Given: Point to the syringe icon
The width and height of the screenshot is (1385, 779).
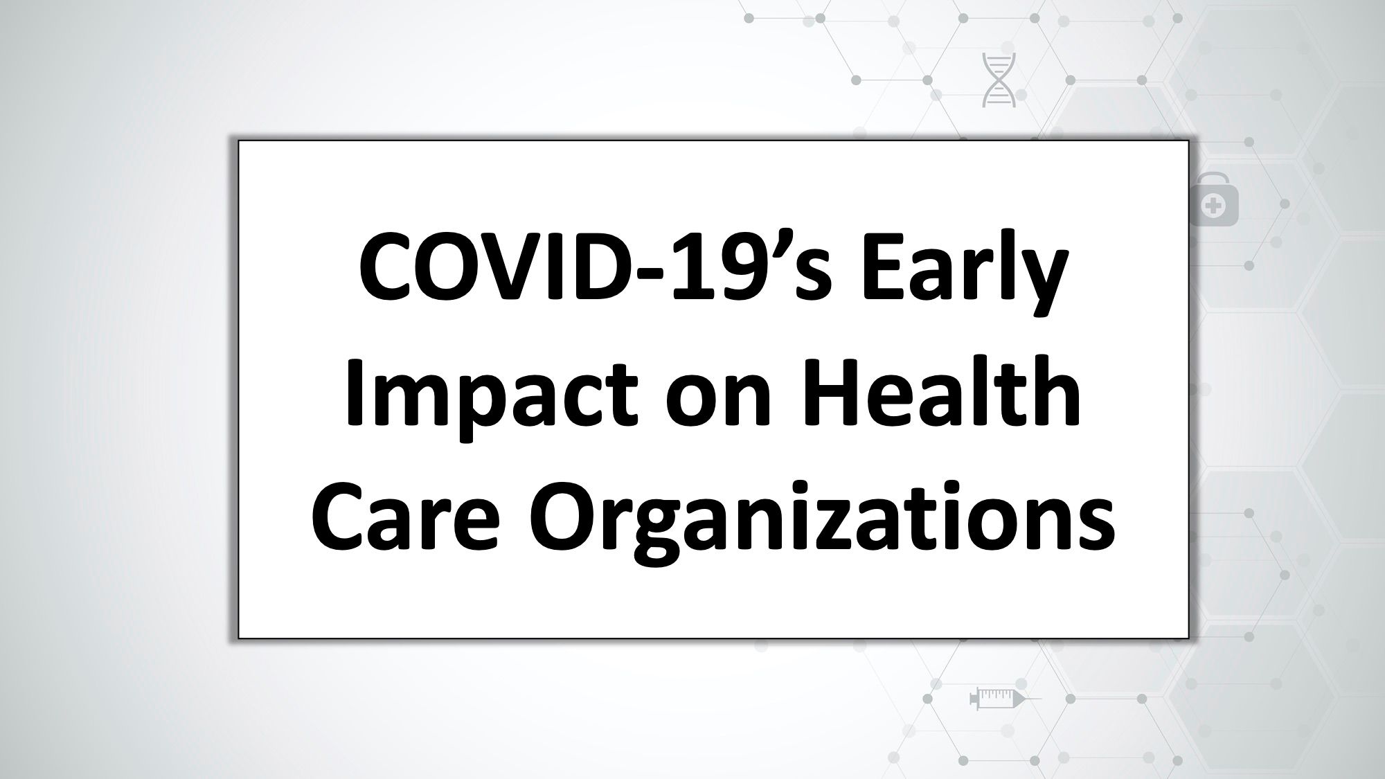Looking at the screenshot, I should (1004, 697).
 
